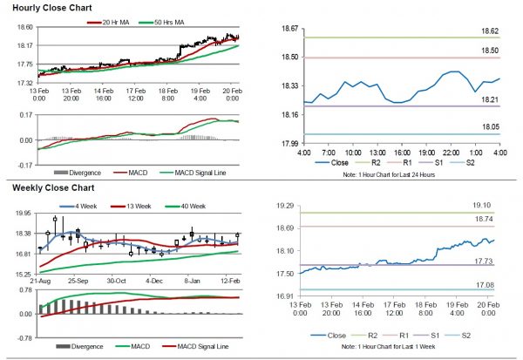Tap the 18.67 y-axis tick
(289, 29)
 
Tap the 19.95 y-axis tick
(23, 212)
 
